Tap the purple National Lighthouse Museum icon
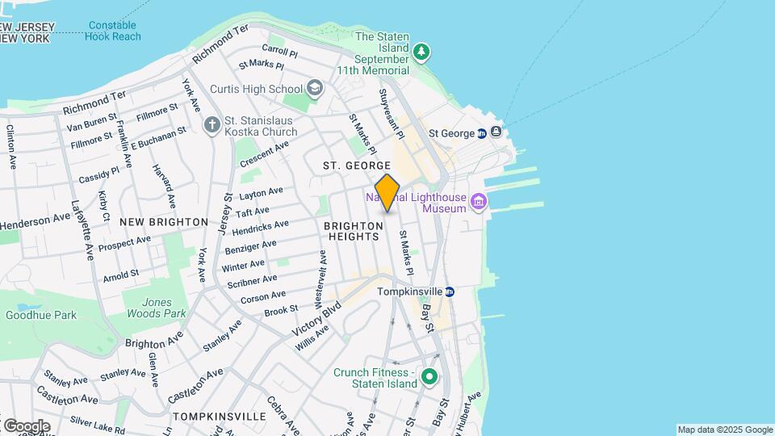[479, 200]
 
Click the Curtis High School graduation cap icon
[314, 88]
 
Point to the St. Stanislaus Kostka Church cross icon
[212, 124]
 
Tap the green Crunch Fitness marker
[429, 377]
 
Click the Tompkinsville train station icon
[450, 291]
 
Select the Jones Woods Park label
[153, 308]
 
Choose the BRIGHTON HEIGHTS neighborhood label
[353, 231]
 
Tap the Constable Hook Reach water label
[115, 31]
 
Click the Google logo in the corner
[26, 426]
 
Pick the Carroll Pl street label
[280, 55]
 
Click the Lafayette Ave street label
[83, 230]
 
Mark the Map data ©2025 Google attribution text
[725, 430]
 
